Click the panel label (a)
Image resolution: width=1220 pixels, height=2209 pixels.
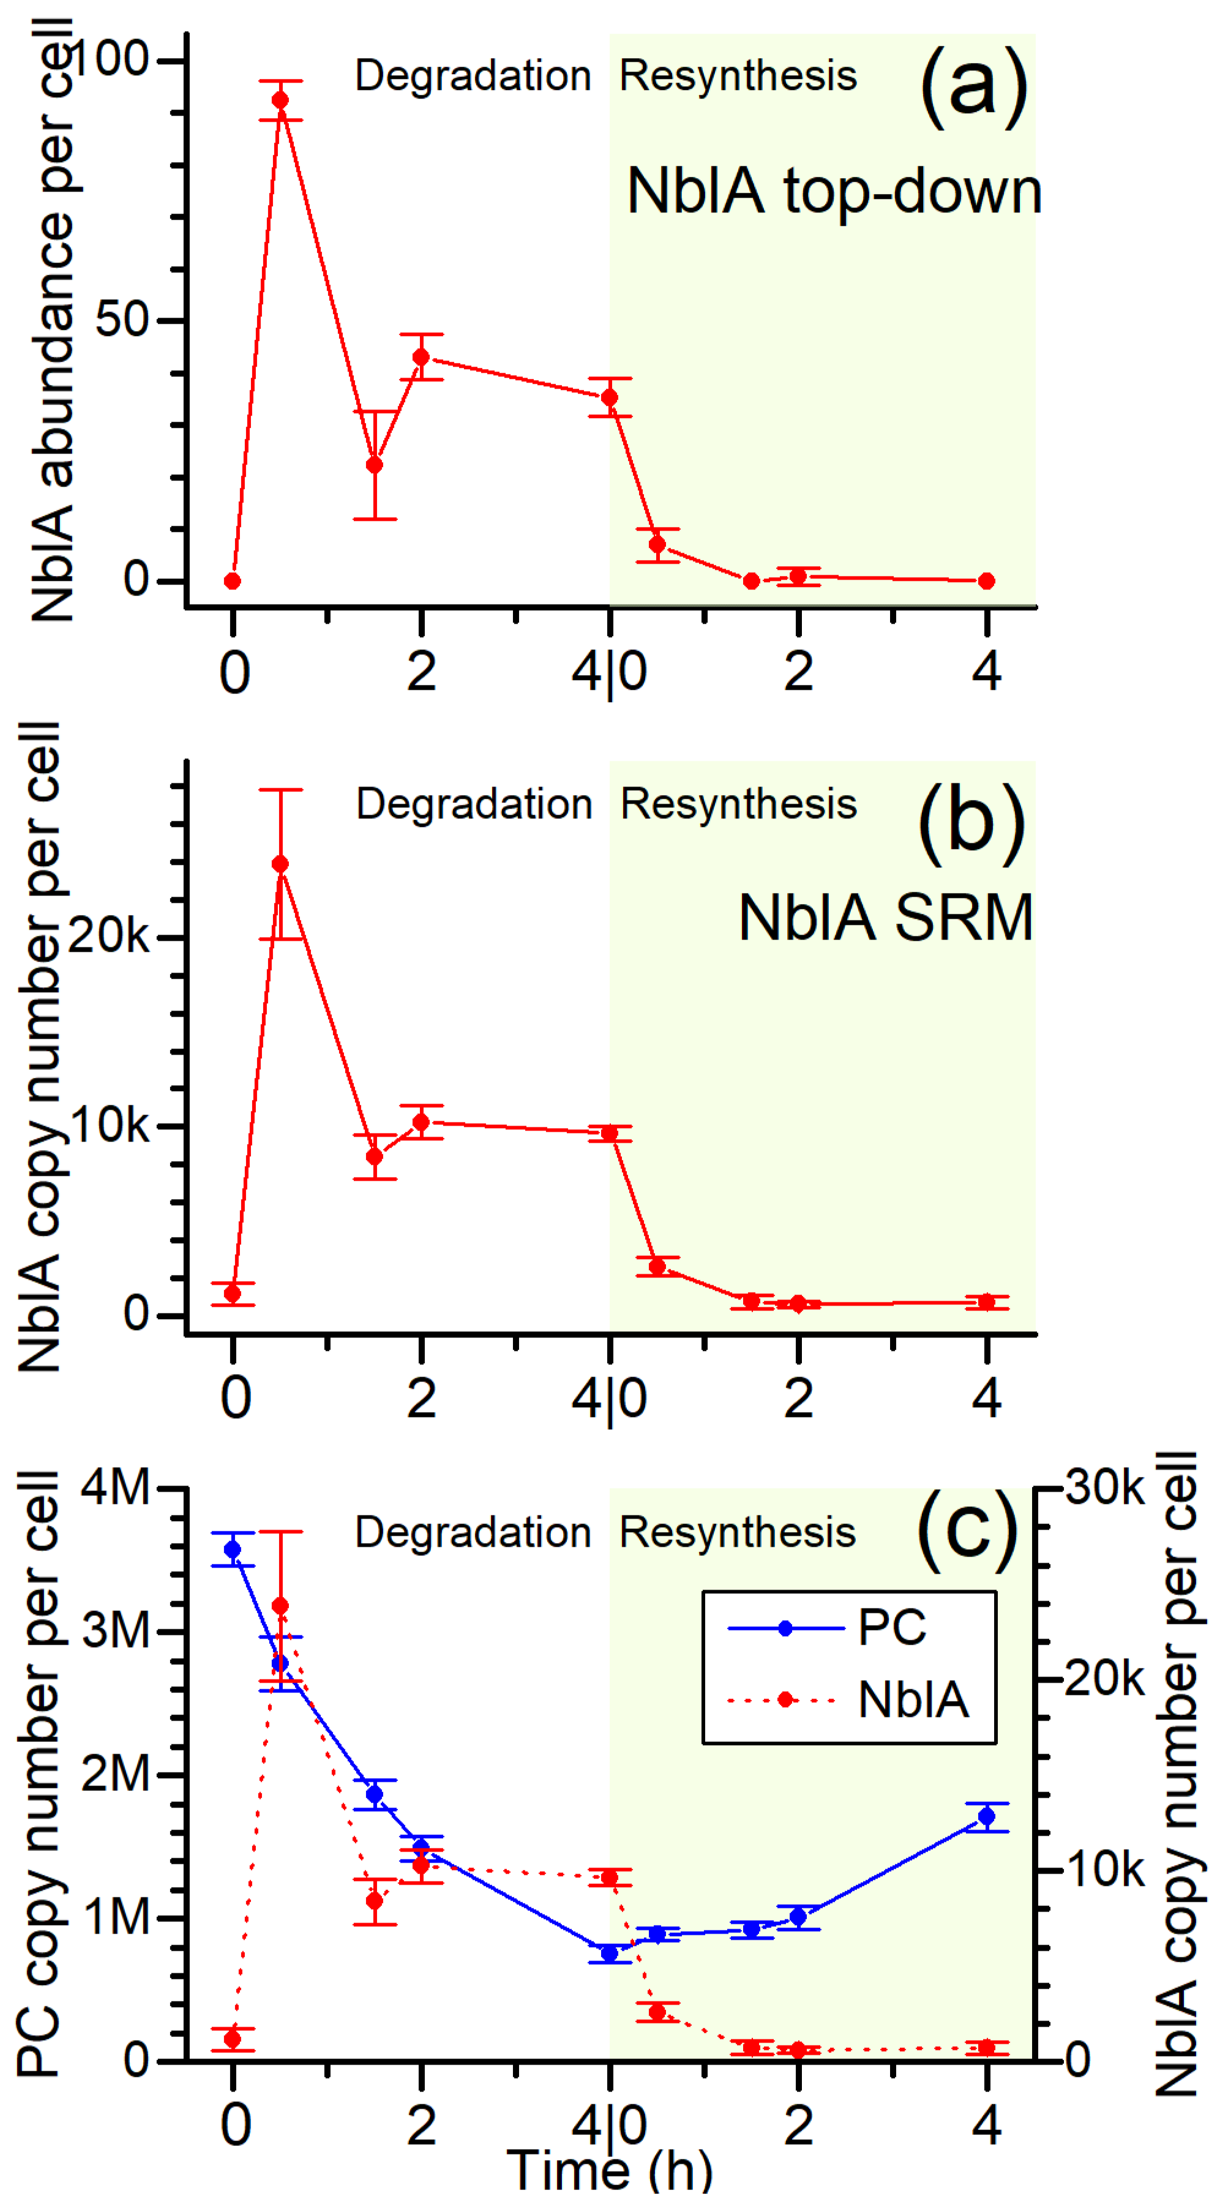pyautogui.click(x=973, y=87)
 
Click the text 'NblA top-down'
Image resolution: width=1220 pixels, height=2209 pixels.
pyautogui.click(x=833, y=190)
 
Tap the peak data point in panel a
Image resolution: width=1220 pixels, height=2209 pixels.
pyautogui.click(x=280, y=100)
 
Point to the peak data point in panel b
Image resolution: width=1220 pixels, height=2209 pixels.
pyautogui.click(x=280, y=864)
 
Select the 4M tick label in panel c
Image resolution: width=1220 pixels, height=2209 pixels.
pyautogui.click(x=116, y=1487)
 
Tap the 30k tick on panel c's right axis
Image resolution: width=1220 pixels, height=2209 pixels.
pyautogui.click(x=1105, y=1487)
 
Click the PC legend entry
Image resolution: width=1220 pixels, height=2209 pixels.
pyautogui.click(x=892, y=1627)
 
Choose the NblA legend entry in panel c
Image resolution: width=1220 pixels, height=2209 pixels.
pyautogui.click(x=913, y=1700)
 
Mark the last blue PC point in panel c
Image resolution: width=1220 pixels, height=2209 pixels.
pyautogui.click(x=987, y=1816)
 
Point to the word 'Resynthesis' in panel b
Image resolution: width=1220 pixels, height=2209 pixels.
pyautogui.click(x=738, y=804)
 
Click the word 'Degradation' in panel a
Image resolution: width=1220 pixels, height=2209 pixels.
pyautogui.click(x=473, y=75)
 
